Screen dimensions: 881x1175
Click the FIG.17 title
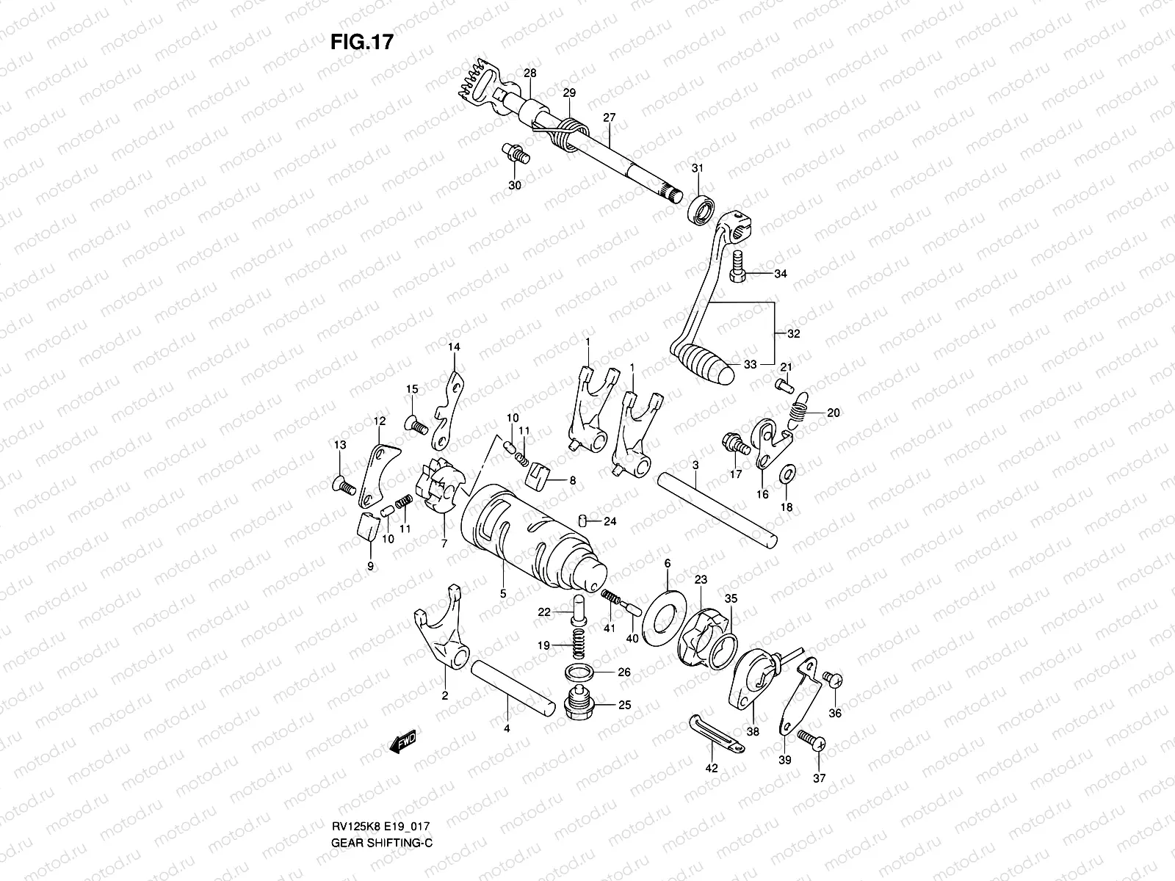click(x=362, y=42)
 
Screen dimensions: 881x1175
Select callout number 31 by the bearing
click(x=697, y=169)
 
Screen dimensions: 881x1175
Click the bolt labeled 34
click(x=738, y=266)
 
